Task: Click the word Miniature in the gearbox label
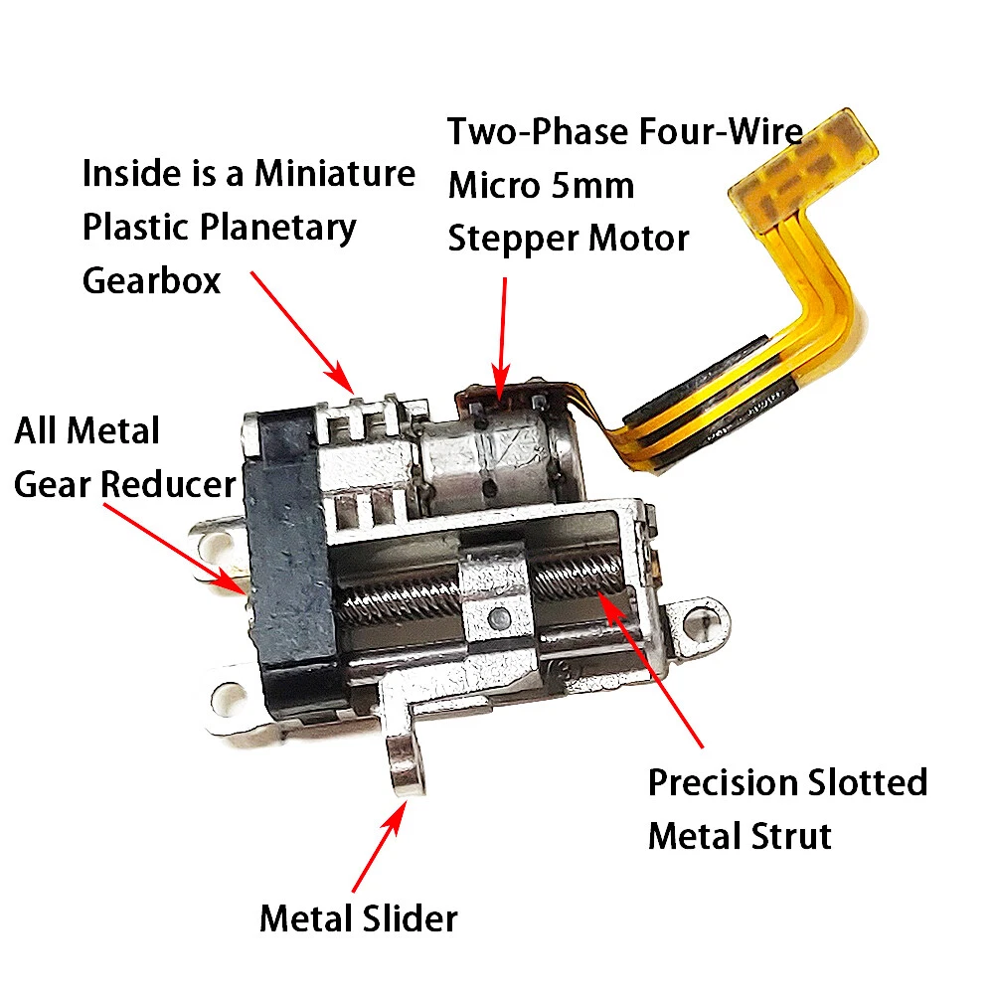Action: [x=335, y=173]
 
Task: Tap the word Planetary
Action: [x=277, y=229]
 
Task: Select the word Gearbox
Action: [x=151, y=280]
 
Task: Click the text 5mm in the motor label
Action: [x=592, y=186]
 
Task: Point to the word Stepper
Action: [x=513, y=240]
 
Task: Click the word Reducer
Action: [x=168, y=484]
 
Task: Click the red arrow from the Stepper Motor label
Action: [x=502, y=338]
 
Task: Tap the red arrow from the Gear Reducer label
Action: [x=175, y=549]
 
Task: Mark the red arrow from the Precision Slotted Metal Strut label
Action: [x=650, y=669]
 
